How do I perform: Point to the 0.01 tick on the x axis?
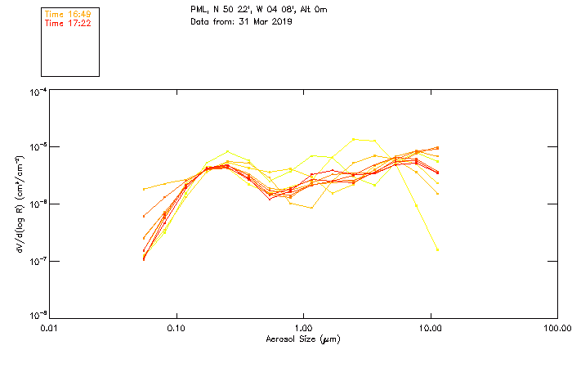50,328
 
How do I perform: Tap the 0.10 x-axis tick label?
177,328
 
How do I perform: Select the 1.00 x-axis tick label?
303,328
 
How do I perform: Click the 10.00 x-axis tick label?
430,328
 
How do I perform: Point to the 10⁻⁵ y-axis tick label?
37,147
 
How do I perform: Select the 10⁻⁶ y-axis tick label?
37,204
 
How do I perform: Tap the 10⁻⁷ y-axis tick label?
37,261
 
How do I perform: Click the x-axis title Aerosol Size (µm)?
303,339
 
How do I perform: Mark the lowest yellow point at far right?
437,249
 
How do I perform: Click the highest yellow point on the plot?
354,139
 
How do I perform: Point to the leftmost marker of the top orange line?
145,189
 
